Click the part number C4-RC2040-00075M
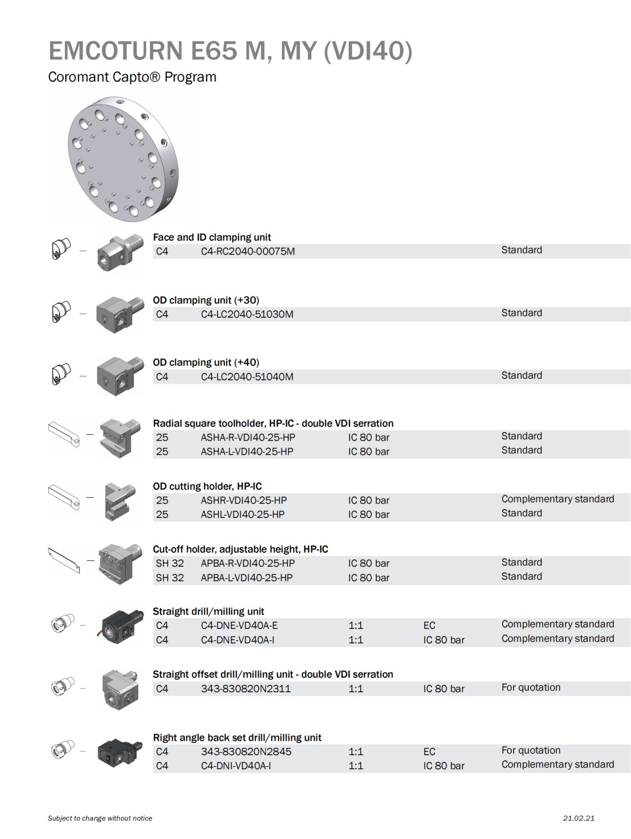tap(248, 251)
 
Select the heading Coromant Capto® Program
tap(132, 77)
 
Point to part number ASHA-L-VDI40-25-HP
tap(247, 452)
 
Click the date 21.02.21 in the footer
tap(578, 818)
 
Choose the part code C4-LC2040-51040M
tap(247, 377)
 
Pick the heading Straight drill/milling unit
tap(208, 611)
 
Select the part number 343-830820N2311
tap(246, 689)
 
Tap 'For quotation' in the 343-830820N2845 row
tap(531, 750)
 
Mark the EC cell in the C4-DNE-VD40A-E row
tap(429, 626)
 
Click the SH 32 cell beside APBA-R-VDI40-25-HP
tap(170, 563)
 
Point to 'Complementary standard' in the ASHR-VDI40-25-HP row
tap(557, 499)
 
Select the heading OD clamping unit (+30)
tap(206, 300)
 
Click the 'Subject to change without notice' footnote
tap(100, 818)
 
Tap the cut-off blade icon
tap(64, 560)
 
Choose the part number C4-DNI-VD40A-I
tap(236, 766)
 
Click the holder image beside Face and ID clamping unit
tap(119, 253)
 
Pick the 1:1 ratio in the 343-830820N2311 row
tap(355, 689)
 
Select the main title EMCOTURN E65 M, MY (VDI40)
tap(230, 50)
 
